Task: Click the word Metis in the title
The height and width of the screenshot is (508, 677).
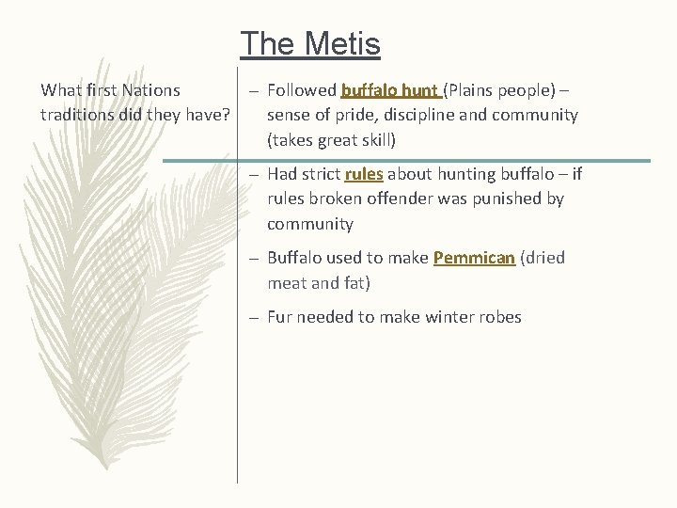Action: (x=345, y=44)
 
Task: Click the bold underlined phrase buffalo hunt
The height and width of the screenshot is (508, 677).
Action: (x=389, y=91)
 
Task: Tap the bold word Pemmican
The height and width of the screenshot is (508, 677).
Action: (x=474, y=258)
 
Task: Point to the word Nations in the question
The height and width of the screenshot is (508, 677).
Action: (x=151, y=91)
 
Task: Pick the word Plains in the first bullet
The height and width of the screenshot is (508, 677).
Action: (x=475, y=91)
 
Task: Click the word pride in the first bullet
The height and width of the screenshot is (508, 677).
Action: (x=355, y=116)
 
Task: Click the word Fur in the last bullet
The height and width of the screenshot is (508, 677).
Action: (x=280, y=317)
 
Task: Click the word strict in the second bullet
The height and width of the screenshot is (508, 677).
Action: (x=321, y=174)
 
